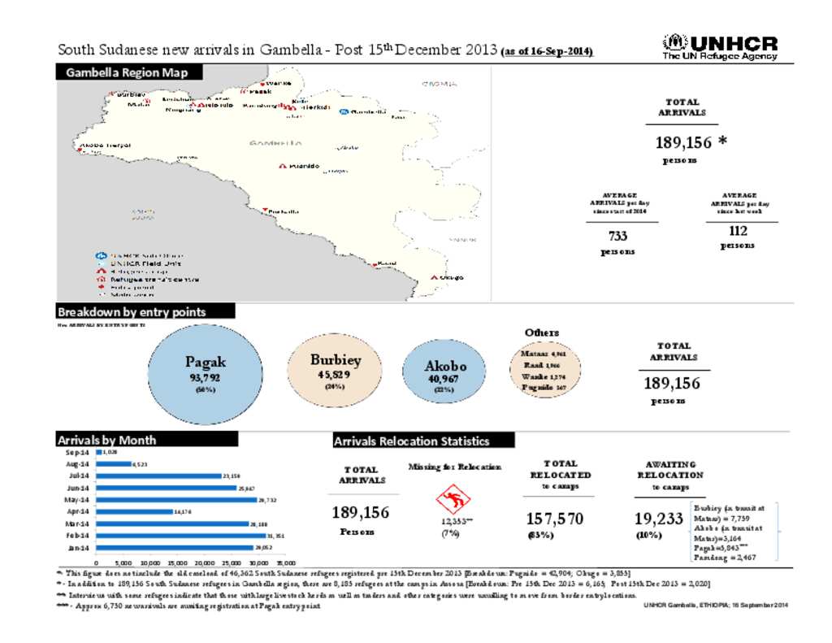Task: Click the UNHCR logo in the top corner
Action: point(720,47)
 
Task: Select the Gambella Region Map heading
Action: point(127,73)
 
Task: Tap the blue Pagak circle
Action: point(205,371)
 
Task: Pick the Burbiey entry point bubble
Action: point(335,370)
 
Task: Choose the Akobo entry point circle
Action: point(444,374)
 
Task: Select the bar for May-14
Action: point(175,499)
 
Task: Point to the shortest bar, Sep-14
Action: point(98,450)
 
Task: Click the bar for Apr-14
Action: point(133,511)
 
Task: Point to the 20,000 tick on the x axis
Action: point(204,562)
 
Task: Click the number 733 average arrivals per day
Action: point(617,236)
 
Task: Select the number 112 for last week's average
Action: point(738,231)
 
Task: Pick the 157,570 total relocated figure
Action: point(554,518)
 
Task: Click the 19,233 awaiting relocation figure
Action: point(658,518)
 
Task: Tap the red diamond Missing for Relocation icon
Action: point(450,498)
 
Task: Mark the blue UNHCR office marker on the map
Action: point(344,111)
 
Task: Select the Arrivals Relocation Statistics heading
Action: point(423,441)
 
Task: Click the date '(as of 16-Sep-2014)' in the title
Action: point(548,52)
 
